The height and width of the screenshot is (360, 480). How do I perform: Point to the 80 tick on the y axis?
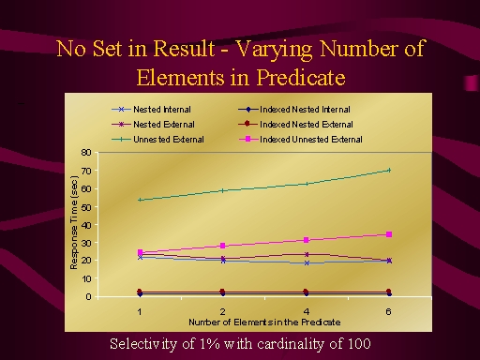86,153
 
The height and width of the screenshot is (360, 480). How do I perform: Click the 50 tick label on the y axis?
86,207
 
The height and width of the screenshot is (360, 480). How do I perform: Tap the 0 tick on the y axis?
89,296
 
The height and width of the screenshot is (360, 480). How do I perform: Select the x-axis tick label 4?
307,311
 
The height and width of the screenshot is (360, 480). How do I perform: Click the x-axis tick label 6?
388,311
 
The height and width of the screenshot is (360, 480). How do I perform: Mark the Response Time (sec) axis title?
74,223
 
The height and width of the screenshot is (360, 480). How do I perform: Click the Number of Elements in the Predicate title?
264,322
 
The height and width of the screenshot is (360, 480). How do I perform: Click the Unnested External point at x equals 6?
389,171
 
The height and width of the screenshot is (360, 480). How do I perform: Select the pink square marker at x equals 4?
307,240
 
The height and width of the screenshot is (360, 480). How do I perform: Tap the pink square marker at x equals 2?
223,246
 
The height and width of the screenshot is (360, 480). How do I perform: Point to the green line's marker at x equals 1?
140,200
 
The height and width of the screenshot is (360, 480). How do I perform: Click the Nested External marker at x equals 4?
307,254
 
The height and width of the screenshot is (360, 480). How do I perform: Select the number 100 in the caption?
359,344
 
